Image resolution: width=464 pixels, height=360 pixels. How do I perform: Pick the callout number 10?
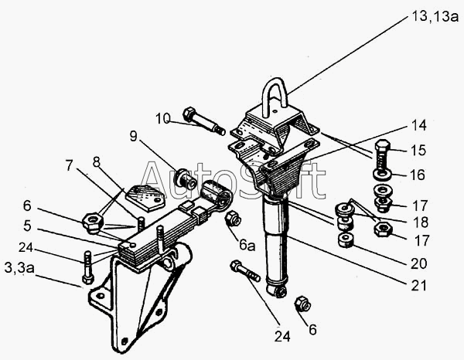coord(162,118)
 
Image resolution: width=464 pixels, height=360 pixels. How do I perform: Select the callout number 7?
coord(69,165)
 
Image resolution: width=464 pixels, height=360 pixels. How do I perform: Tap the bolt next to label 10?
coord(203,121)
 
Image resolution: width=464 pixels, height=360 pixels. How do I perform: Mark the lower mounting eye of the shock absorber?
coord(278,290)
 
